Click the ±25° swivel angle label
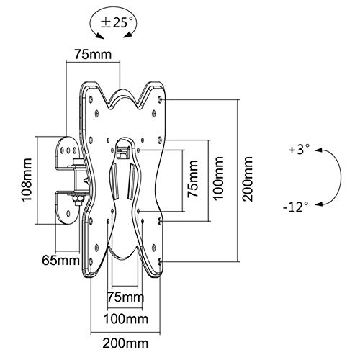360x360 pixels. click(117, 23)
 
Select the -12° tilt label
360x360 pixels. click(295, 207)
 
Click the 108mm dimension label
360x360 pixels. click(27, 180)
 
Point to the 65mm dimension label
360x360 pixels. click(60, 260)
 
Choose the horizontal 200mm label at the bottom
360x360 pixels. click(125, 343)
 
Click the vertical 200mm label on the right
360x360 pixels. click(248, 179)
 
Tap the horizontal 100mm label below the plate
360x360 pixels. click(125, 319)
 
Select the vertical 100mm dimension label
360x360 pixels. click(218, 179)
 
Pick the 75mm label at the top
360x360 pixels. click(93, 54)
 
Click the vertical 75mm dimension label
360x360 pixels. click(193, 179)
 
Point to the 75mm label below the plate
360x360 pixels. click(125, 297)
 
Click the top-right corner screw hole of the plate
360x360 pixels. click(161, 99)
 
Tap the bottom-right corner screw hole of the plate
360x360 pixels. click(161, 261)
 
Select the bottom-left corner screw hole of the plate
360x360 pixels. click(91, 261)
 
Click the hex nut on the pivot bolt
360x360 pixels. click(78, 199)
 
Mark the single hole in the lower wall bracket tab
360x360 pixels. click(68, 213)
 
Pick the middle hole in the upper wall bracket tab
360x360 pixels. click(68, 150)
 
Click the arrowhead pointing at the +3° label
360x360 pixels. click(318, 150)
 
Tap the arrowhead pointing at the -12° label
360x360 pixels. click(318, 204)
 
